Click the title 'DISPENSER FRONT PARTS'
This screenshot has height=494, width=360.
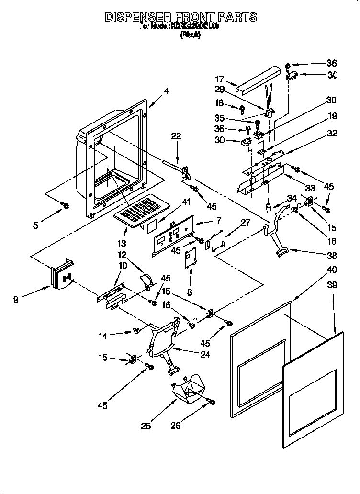tap(180, 17)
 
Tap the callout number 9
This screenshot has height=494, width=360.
tap(16, 300)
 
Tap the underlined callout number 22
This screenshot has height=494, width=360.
tap(177, 136)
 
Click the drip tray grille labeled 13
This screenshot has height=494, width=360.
tap(142, 209)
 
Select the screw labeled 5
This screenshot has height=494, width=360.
tap(66, 206)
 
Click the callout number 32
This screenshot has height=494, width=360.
tap(331, 134)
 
